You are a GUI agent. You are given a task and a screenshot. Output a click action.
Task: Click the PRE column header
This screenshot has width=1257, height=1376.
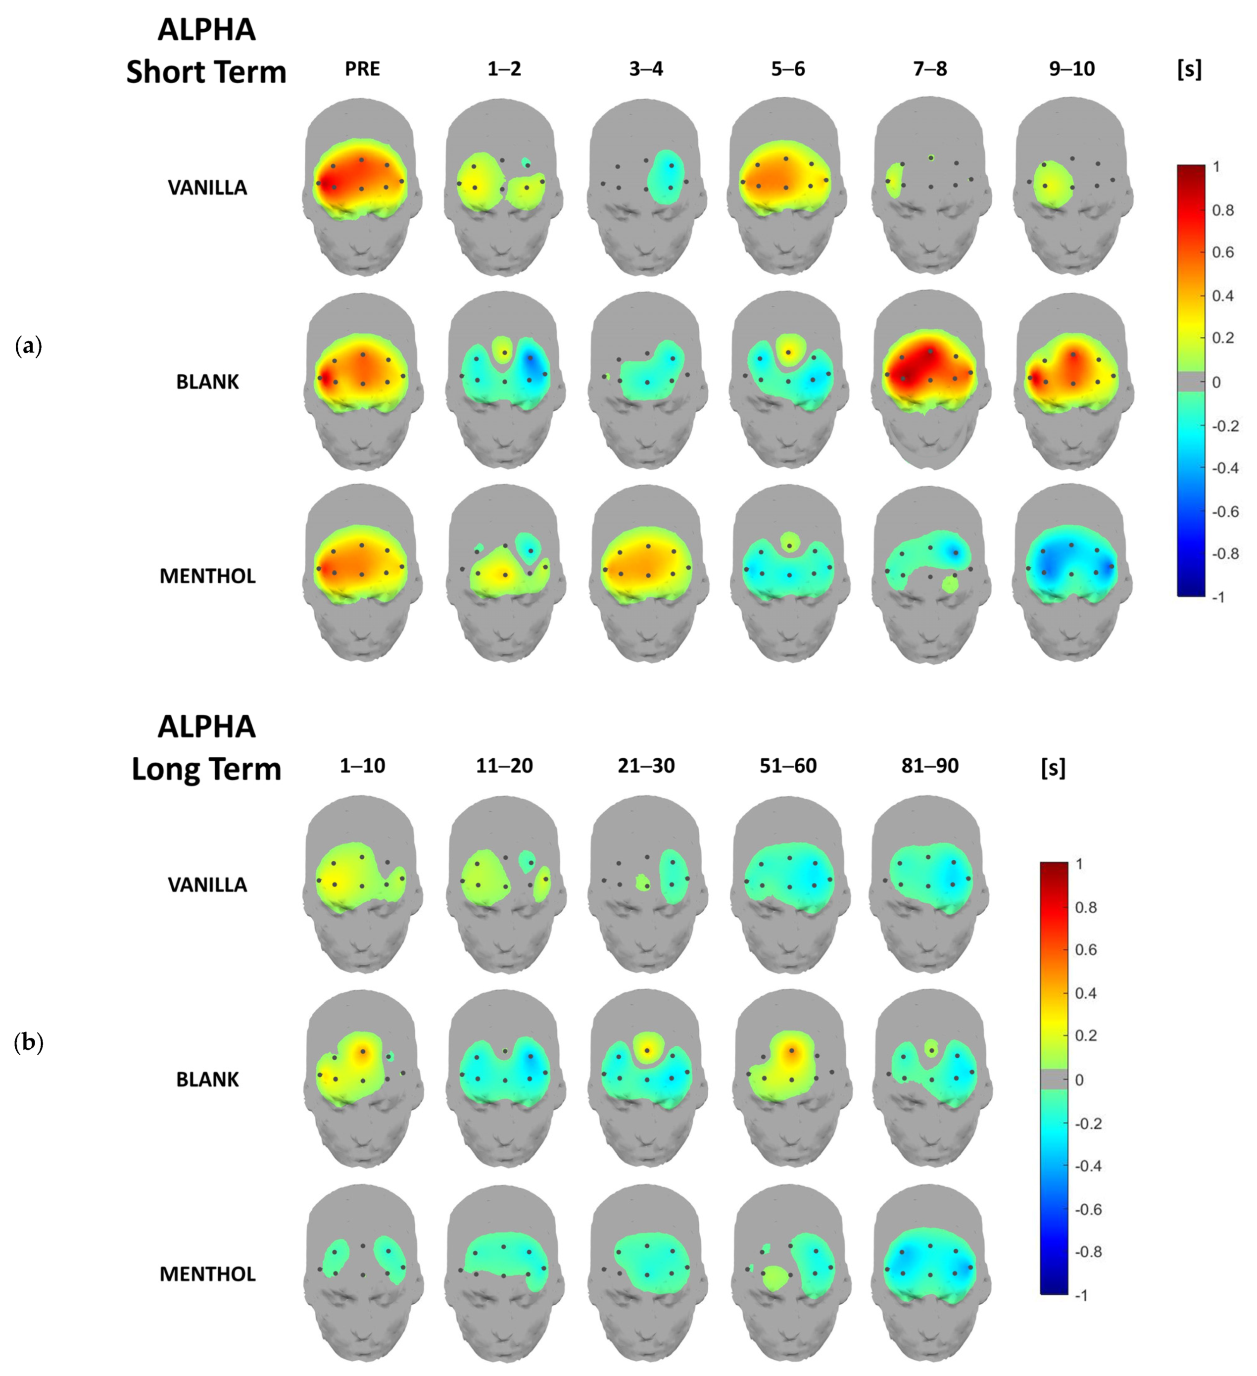coord(362,69)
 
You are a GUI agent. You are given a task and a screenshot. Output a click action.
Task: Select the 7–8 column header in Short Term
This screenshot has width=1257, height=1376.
coord(929,69)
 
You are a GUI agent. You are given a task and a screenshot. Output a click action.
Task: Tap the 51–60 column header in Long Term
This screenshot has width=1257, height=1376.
coord(788,766)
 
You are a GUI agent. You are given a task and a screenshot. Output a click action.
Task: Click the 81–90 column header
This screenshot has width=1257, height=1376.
coord(929,766)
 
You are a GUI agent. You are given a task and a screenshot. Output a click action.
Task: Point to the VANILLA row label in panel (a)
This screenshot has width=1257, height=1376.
coord(207,188)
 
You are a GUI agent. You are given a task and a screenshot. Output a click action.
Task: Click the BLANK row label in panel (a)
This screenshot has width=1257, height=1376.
coord(207,382)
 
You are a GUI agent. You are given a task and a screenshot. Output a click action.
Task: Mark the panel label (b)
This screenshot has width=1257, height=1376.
coord(28,1043)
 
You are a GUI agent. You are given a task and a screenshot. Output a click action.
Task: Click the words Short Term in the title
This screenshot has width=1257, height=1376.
coord(206,72)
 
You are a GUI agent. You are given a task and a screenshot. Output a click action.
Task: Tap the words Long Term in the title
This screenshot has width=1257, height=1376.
coord(206,769)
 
